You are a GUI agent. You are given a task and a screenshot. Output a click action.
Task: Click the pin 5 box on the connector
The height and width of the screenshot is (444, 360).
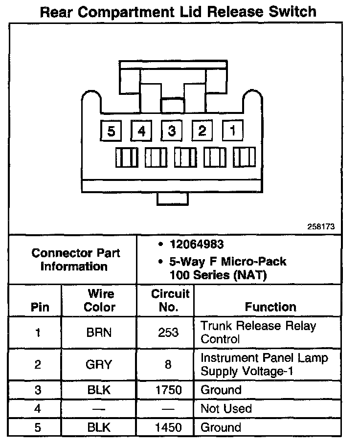pyautogui.click(x=112, y=131)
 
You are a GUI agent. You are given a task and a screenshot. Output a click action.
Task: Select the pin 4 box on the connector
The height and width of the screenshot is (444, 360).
pyautogui.click(x=141, y=131)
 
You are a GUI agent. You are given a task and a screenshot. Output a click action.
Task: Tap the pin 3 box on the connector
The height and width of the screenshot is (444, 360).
pyautogui.click(x=172, y=131)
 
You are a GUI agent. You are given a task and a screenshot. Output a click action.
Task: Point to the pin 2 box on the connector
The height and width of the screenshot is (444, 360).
pyautogui.click(x=202, y=131)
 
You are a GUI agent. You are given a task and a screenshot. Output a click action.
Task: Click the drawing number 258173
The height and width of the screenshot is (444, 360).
pyautogui.click(x=320, y=227)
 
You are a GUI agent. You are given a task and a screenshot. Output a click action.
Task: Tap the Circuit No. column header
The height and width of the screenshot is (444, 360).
pyautogui.click(x=170, y=301)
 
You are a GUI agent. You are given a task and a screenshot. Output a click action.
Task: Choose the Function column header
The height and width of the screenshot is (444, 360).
pyautogui.click(x=270, y=307)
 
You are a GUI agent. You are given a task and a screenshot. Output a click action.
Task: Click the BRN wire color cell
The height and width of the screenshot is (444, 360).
pyautogui.click(x=99, y=333)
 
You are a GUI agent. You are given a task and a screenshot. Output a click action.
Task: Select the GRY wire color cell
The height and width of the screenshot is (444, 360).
pyautogui.click(x=99, y=364)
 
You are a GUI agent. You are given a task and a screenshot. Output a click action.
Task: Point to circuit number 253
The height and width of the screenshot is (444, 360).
pyautogui.click(x=168, y=333)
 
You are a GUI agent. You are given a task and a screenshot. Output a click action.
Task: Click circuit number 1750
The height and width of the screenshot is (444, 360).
pyautogui.click(x=168, y=390)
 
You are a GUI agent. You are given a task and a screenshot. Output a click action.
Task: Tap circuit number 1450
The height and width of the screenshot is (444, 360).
pyautogui.click(x=168, y=427)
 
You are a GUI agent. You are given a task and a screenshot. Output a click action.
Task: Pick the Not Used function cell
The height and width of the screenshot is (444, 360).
pyautogui.click(x=226, y=408)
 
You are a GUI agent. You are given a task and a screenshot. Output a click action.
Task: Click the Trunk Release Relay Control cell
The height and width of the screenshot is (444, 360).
pyautogui.click(x=258, y=333)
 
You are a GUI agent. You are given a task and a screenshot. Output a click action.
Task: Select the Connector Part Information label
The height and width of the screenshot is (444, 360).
pyautogui.click(x=76, y=260)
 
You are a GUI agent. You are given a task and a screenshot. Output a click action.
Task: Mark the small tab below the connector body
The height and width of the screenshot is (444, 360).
pyautogui.click(x=172, y=198)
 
